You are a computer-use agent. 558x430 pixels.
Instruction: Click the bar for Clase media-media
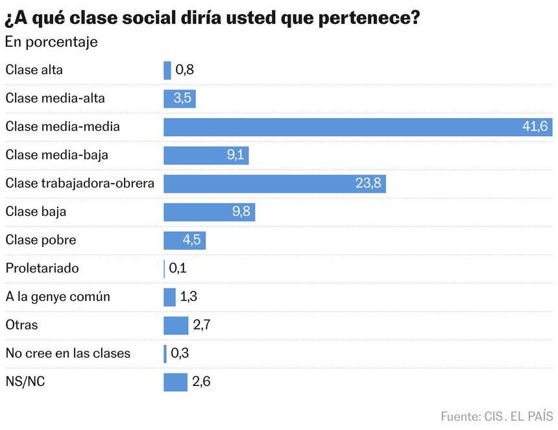pyautogui.click(x=358, y=127)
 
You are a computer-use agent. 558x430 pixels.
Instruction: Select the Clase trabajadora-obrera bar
pyautogui.click(x=274, y=184)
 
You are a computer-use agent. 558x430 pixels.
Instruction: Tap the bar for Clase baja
pyautogui.click(x=209, y=212)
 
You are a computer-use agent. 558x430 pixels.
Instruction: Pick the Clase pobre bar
pyautogui.click(x=185, y=241)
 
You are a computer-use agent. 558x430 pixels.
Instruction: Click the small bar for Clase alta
pyautogui.click(x=167, y=71)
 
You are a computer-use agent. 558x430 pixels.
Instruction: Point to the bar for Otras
pyautogui.click(x=176, y=326)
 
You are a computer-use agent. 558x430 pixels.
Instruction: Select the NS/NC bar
pyautogui.click(x=175, y=383)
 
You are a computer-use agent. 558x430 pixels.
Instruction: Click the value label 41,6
pyautogui.click(x=535, y=126)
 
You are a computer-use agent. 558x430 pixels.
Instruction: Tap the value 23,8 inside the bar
pyautogui.click(x=369, y=183)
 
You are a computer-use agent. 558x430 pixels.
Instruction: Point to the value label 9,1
pyautogui.click(x=236, y=155)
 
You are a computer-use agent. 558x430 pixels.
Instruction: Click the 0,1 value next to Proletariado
pyautogui.click(x=178, y=268)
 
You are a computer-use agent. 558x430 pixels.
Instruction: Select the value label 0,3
pyautogui.click(x=180, y=353)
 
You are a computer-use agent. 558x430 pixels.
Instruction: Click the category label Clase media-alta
pyautogui.click(x=55, y=98)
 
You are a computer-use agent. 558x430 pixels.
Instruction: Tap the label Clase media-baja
pyautogui.click(x=57, y=155)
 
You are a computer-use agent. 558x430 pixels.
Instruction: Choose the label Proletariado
pyautogui.click(x=42, y=268)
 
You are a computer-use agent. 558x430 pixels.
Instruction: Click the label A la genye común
pyautogui.click(x=58, y=296)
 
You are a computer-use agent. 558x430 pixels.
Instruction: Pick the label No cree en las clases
pyautogui.click(x=68, y=353)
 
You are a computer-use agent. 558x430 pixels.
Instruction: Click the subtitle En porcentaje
pyautogui.click(x=51, y=42)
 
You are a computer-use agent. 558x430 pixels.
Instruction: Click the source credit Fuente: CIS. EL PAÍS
pyautogui.click(x=497, y=416)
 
